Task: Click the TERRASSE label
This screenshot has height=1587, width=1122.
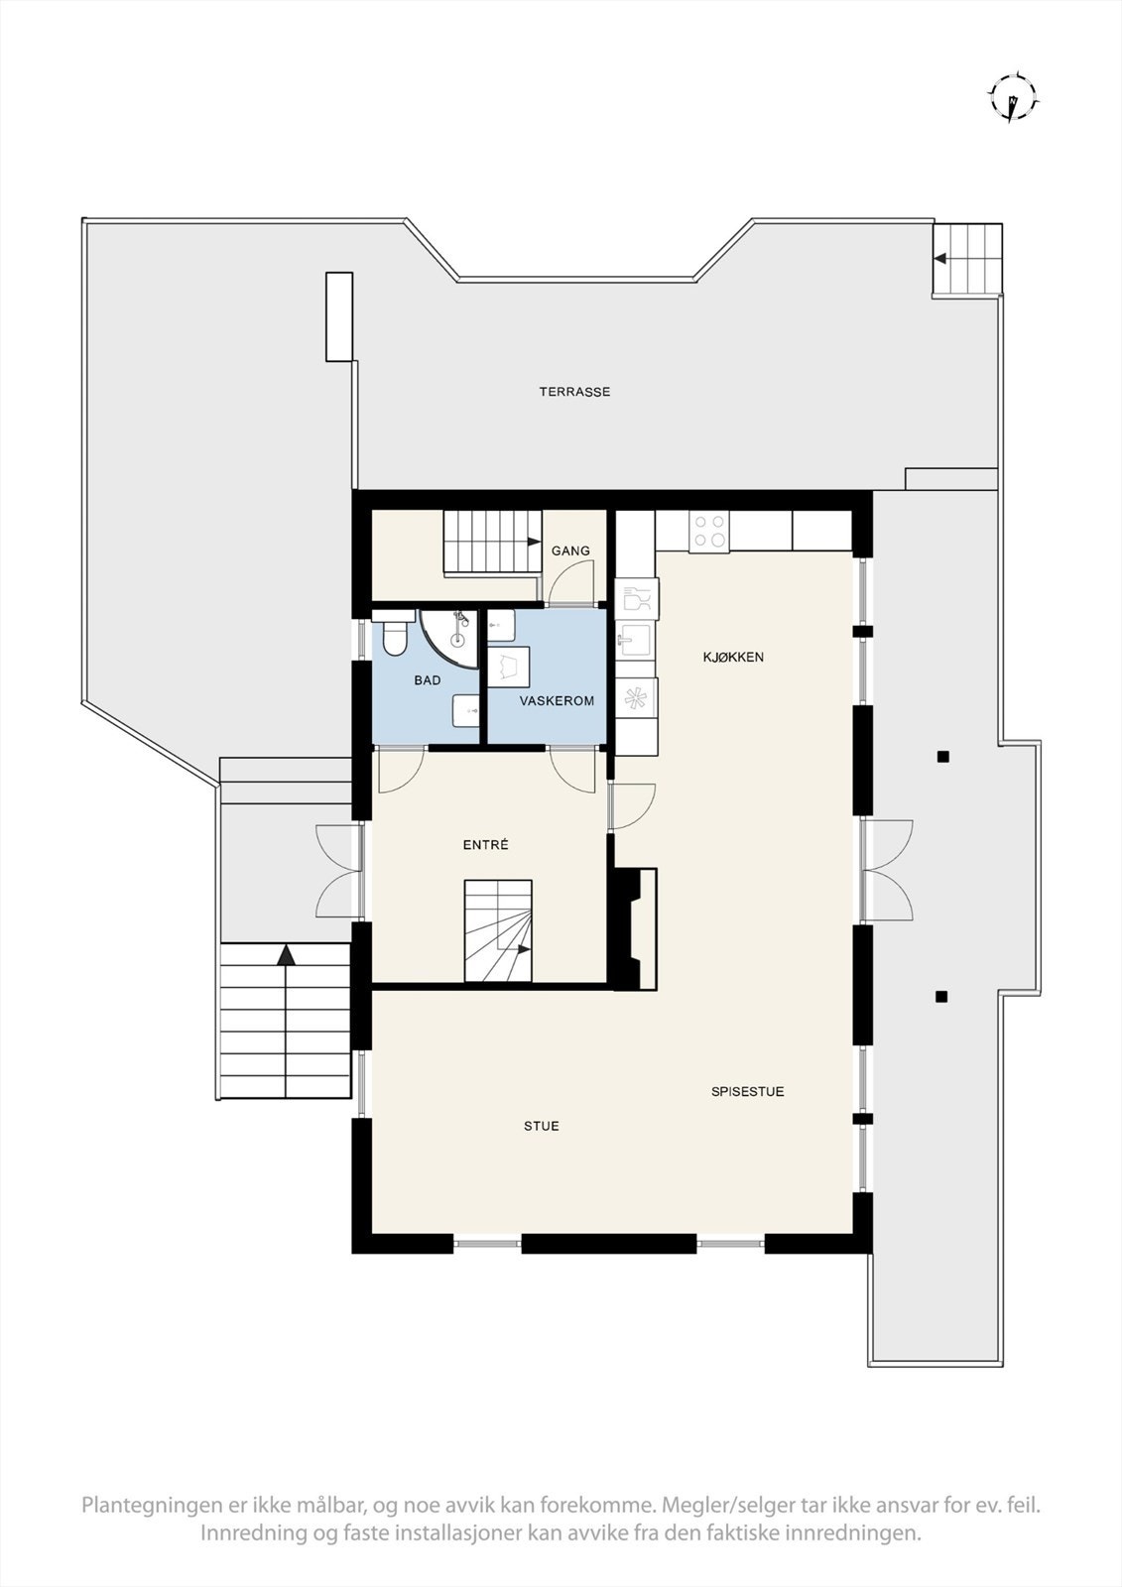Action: pyautogui.click(x=574, y=392)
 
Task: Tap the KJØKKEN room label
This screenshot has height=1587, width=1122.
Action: pyautogui.click(x=733, y=657)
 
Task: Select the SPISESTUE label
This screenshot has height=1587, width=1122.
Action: pyautogui.click(x=747, y=1091)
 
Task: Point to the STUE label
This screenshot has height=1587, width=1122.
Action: pyautogui.click(x=542, y=1126)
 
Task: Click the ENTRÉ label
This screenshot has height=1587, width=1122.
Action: pyautogui.click(x=486, y=845)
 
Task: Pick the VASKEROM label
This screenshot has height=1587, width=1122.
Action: pyautogui.click(x=557, y=700)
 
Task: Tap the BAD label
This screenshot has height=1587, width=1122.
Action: pyautogui.click(x=428, y=680)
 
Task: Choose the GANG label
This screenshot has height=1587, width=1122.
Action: pyautogui.click(x=570, y=550)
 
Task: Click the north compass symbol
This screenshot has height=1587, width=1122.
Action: pyautogui.click(x=1012, y=98)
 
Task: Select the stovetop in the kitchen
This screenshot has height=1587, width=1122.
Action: pyautogui.click(x=709, y=531)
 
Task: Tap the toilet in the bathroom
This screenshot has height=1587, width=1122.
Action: pyautogui.click(x=394, y=635)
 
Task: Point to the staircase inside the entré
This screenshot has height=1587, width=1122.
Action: pyautogui.click(x=498, y=930)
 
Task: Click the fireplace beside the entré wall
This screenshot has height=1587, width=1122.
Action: pyautogui.click(x=636, y=927)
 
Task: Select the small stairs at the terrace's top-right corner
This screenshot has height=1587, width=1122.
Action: pyautogui.click(x=966, y=258)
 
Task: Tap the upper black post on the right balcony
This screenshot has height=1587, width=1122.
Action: pyautogui.click(x=943, y=757)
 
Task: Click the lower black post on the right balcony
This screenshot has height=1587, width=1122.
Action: pyautogui.click(x=941, y=996)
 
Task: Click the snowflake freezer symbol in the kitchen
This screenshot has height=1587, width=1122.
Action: pyautogui.click(x=635, y=697)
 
